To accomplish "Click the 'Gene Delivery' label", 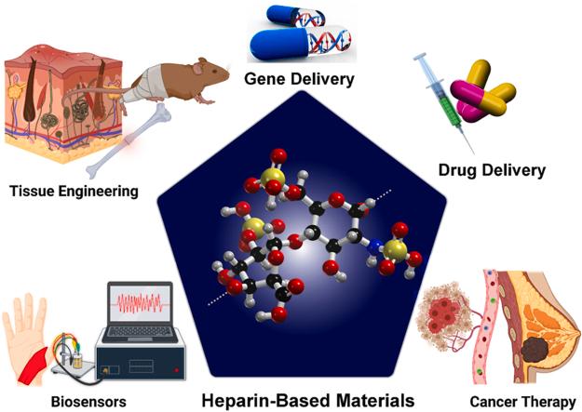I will (301, 80).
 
